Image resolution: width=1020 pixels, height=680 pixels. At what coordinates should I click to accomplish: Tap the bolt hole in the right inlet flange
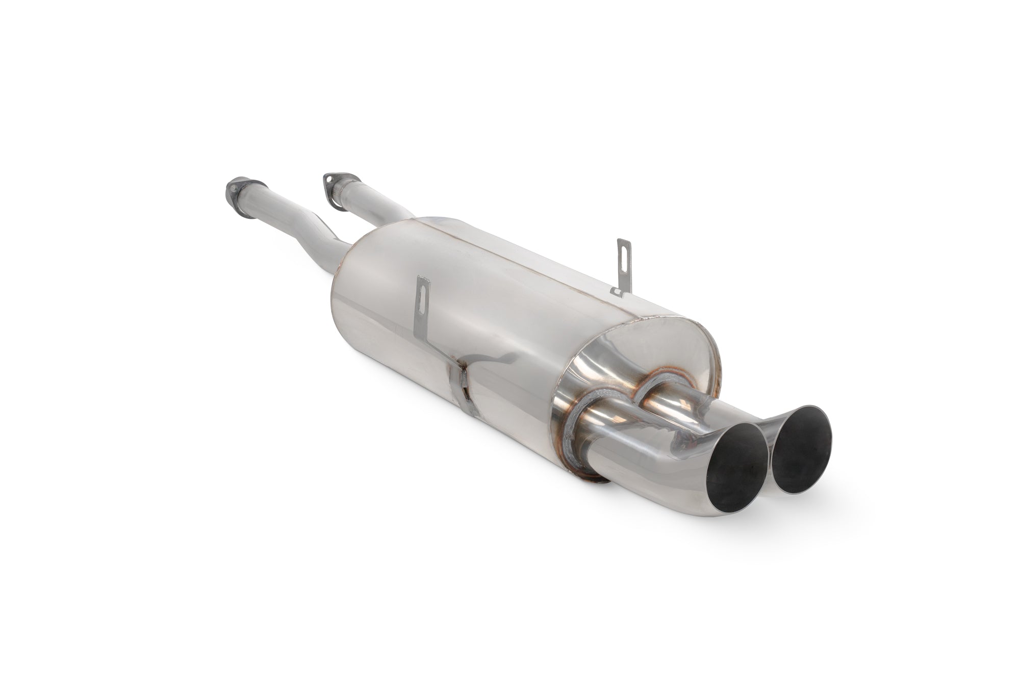click(326, 179)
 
